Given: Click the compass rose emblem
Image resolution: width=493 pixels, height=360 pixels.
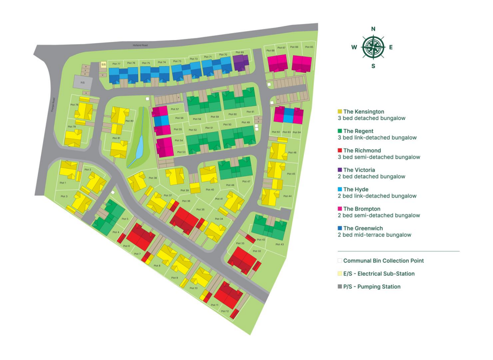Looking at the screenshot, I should [x=373, y=47].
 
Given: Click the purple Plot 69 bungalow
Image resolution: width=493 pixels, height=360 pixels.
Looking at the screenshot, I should [x=240, y=63].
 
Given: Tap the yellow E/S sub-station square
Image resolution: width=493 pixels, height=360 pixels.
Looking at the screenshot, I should [x=104, y=64].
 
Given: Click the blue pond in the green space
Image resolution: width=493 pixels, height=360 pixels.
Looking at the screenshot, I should [x=139, y=145].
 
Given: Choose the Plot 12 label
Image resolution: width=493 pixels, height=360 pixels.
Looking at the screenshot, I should [x=225, y=311].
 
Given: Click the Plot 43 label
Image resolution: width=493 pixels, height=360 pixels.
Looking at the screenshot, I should [x=279, y=244].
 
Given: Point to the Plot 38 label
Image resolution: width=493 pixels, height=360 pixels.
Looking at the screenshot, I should [x=153, y=178].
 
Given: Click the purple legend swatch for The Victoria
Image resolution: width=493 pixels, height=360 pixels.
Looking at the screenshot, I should [x=340, y=170].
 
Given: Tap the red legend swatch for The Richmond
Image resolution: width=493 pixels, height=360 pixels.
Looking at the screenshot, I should [x=340, y=150].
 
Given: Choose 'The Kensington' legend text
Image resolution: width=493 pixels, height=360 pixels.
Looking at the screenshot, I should [x=363, y=112].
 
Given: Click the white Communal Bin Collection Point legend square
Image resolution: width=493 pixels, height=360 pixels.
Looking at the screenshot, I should [x=340, y=261].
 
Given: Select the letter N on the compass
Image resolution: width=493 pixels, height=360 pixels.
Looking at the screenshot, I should [x=373, y=29].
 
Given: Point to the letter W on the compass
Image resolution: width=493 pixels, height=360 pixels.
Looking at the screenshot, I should [x=354, y=47].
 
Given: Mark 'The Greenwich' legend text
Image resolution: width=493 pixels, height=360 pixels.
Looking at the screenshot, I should [x=363, y=228].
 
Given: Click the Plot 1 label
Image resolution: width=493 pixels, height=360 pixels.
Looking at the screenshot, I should [x=63, y=183].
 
